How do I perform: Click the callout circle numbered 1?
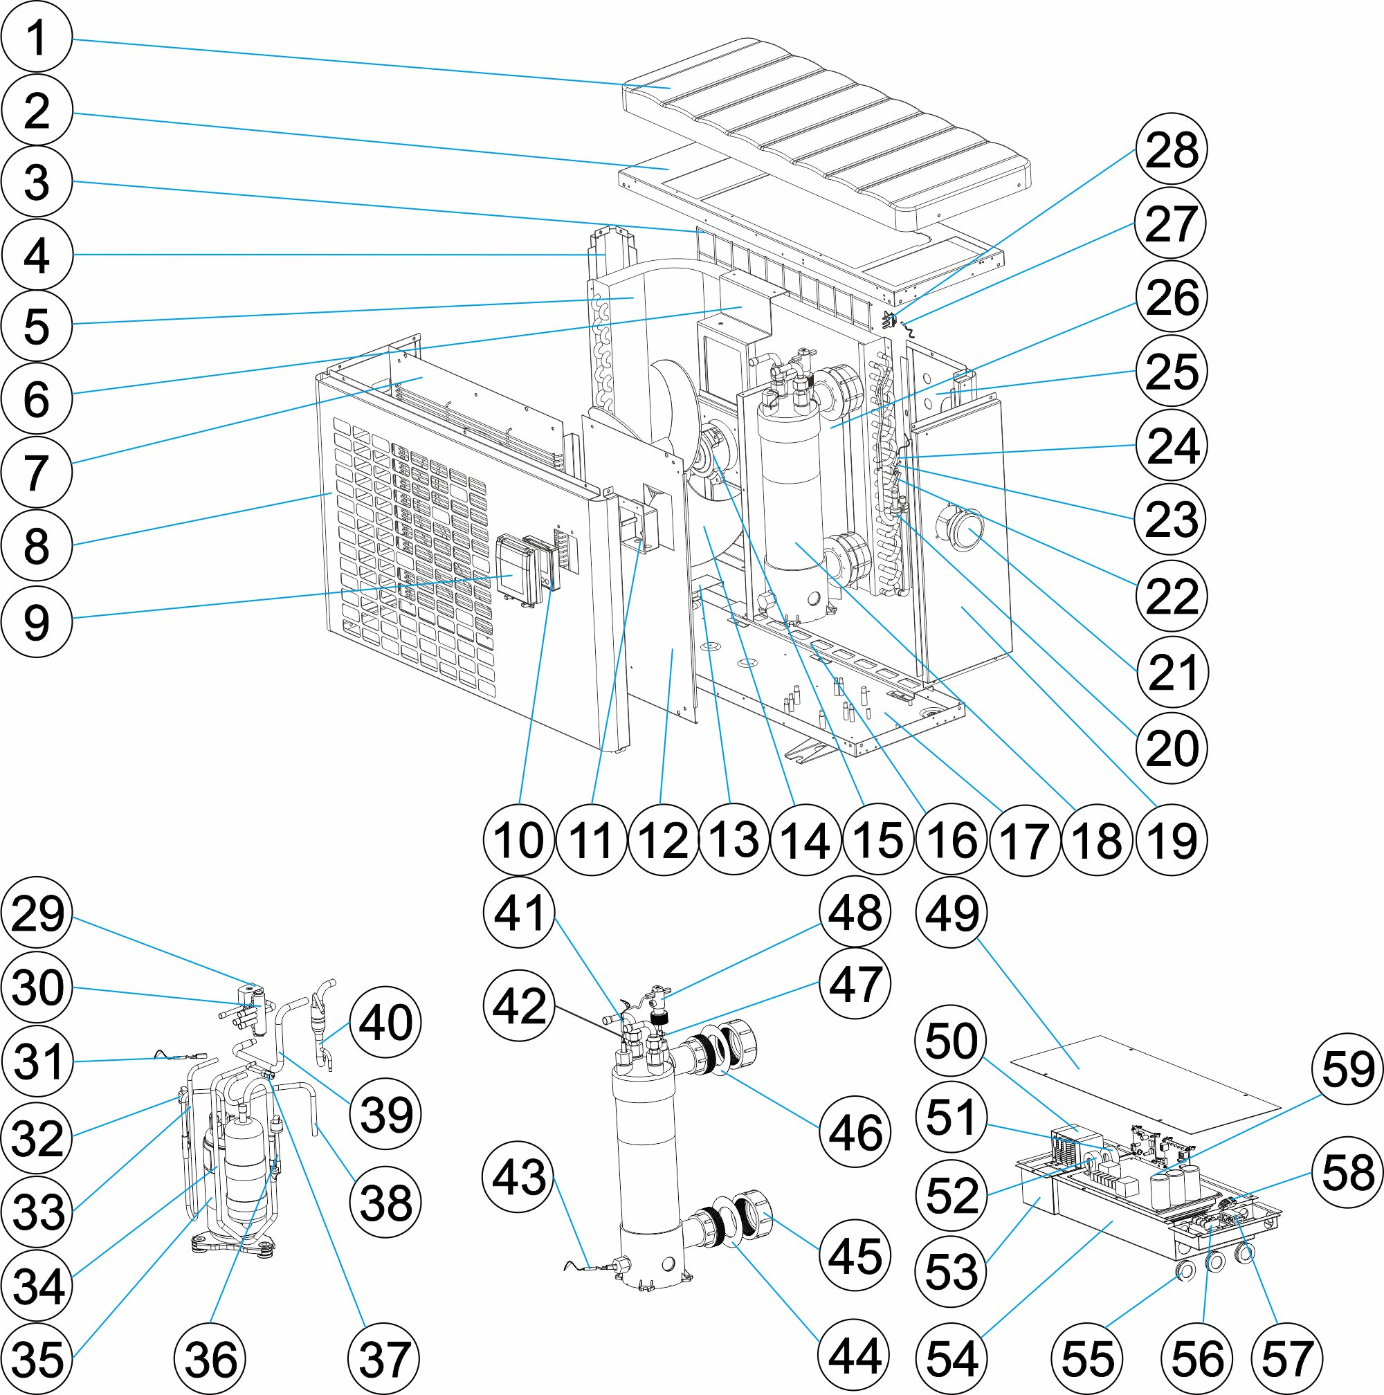[x=37, y=37]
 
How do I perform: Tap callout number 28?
[x=1171, y=150]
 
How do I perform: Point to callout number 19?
[x=1171, y=840]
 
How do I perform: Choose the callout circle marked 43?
[x=518, y=1177]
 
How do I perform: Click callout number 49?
[x=952, y=913]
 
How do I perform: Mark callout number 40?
[x=385, y=1023]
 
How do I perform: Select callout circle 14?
[x=805, y=840]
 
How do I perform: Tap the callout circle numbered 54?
[x=952, y=1359]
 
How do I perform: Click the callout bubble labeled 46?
[x=855, y=1132]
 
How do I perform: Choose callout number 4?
[x=37, y=255]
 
